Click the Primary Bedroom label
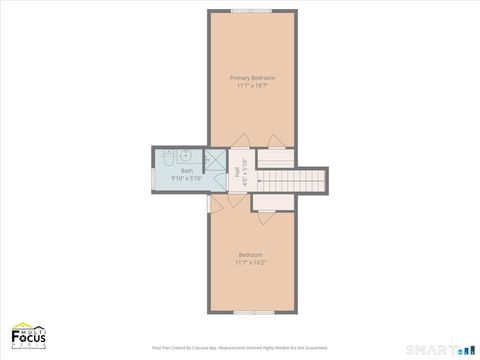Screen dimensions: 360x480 (x=252, y=77)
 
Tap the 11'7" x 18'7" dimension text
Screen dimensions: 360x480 (x=252, y=86)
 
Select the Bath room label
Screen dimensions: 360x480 (x=187, y=171)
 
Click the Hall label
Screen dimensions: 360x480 (x=237, y=171)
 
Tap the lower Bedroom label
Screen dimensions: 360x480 (x=250, y=254)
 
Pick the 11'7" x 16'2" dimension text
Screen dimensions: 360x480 (x=250, y=263)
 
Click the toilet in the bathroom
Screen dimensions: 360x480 (x=170, y=157)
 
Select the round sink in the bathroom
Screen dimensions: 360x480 (x=186, y=156)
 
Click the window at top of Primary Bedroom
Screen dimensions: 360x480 (x=252, y=11)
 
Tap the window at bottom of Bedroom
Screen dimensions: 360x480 (x=252, y=312)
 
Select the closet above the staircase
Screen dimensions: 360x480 (x=275, y=156)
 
